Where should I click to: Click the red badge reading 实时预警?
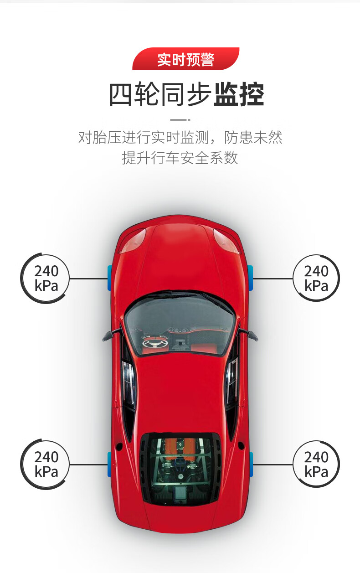click(x=185, y=59)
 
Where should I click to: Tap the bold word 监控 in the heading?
click(x=238, y=94)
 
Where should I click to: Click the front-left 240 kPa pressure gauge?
click(x=46, y=278)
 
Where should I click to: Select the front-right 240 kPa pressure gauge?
click(x=316, y=278)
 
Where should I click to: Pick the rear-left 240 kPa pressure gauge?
click(x=46, y=464)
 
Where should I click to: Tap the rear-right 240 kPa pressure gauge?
click(x=316, y=464)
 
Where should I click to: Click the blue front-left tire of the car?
click(x=109, y=278)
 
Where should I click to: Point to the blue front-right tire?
click(x=250, y=278)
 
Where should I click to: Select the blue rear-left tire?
click(x=109, y=464)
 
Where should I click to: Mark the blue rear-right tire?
click(x=251, y=464)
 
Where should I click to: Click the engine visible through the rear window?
click(x=180, y=460)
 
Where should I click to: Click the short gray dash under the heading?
click(x=180, y=120)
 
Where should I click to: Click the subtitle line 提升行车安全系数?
click(x=180, y=158)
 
